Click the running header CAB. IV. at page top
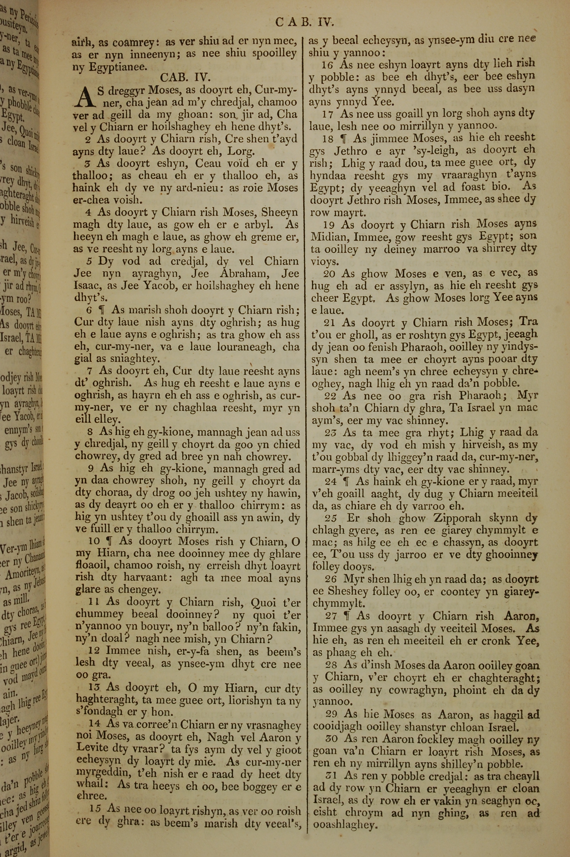pos(304,23)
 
